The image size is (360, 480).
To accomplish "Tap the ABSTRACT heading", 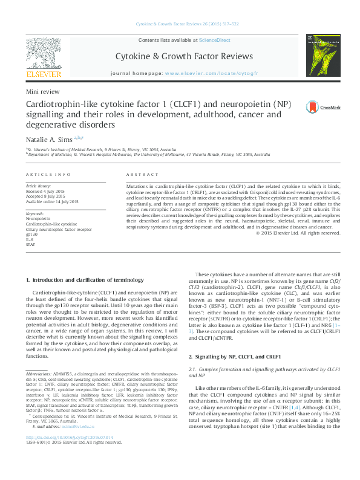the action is pyautogui.click(x=140, y=174).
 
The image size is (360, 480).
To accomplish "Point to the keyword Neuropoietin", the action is pyautogui.click(x=39, y=219).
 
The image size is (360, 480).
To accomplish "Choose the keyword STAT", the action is pyautogui.click(x=31, y=245).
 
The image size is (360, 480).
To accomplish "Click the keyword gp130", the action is pyautogui.click(x=33, y=235).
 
